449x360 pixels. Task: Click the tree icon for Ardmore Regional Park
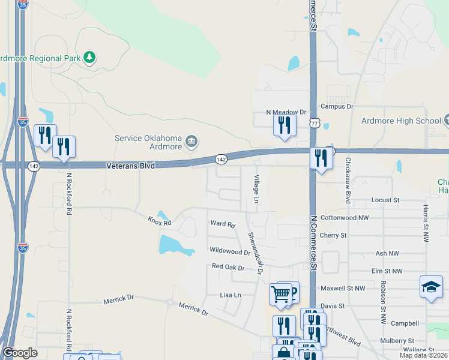pos(89,58)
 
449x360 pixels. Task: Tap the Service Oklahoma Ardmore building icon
pos(191,142)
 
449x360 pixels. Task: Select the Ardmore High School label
pos(401,121)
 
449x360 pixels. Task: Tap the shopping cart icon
pos(280,294)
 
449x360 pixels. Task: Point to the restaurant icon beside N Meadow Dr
pos(284,125)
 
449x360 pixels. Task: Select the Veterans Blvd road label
pos(130,165)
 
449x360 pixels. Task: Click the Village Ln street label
pos(257,189)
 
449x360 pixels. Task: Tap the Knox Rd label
pos(160,222)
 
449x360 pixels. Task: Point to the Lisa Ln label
pos(231,295)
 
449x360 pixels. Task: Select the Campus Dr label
pos(337,106)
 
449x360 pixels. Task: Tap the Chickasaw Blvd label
pos(348,181)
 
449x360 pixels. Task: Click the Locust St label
pos(385,199)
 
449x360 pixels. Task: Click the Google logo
pos(20,353)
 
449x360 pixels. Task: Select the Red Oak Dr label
pos(228,267)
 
